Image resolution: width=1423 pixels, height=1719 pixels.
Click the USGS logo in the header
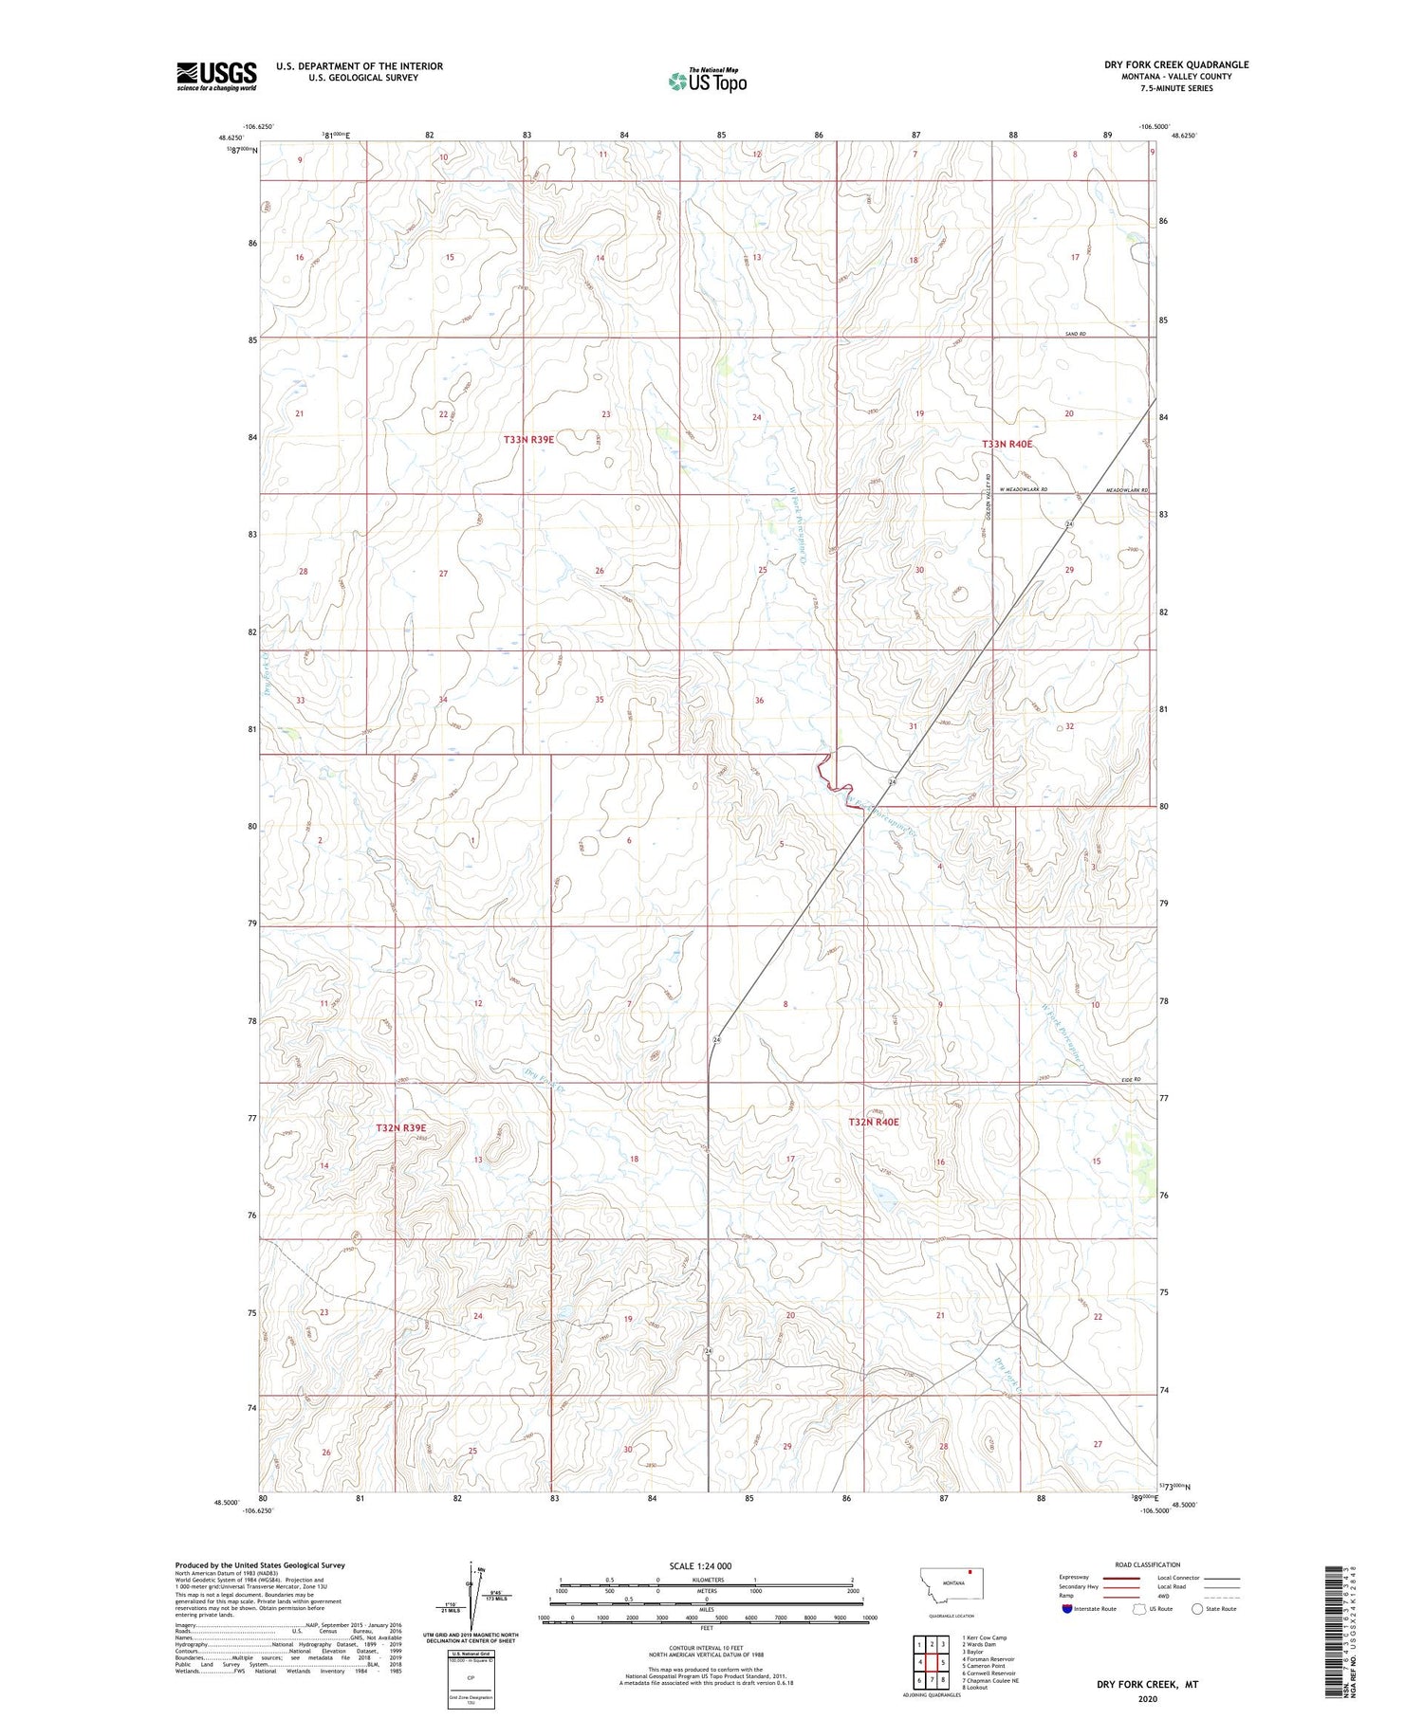point(216,76)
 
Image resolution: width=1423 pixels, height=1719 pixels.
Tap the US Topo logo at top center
point(708,82)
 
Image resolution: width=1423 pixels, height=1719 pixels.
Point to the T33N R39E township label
point(528,440)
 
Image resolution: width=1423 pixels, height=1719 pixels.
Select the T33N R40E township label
point(1007,444)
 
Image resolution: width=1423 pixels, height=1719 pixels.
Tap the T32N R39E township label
point(400,1128)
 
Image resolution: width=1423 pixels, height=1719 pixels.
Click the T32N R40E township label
point(873,1123)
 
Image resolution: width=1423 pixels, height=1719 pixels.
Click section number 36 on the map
point(759,701)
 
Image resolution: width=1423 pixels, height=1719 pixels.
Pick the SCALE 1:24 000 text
point(700,1565)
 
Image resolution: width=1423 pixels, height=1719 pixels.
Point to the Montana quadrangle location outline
point(952,1585)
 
